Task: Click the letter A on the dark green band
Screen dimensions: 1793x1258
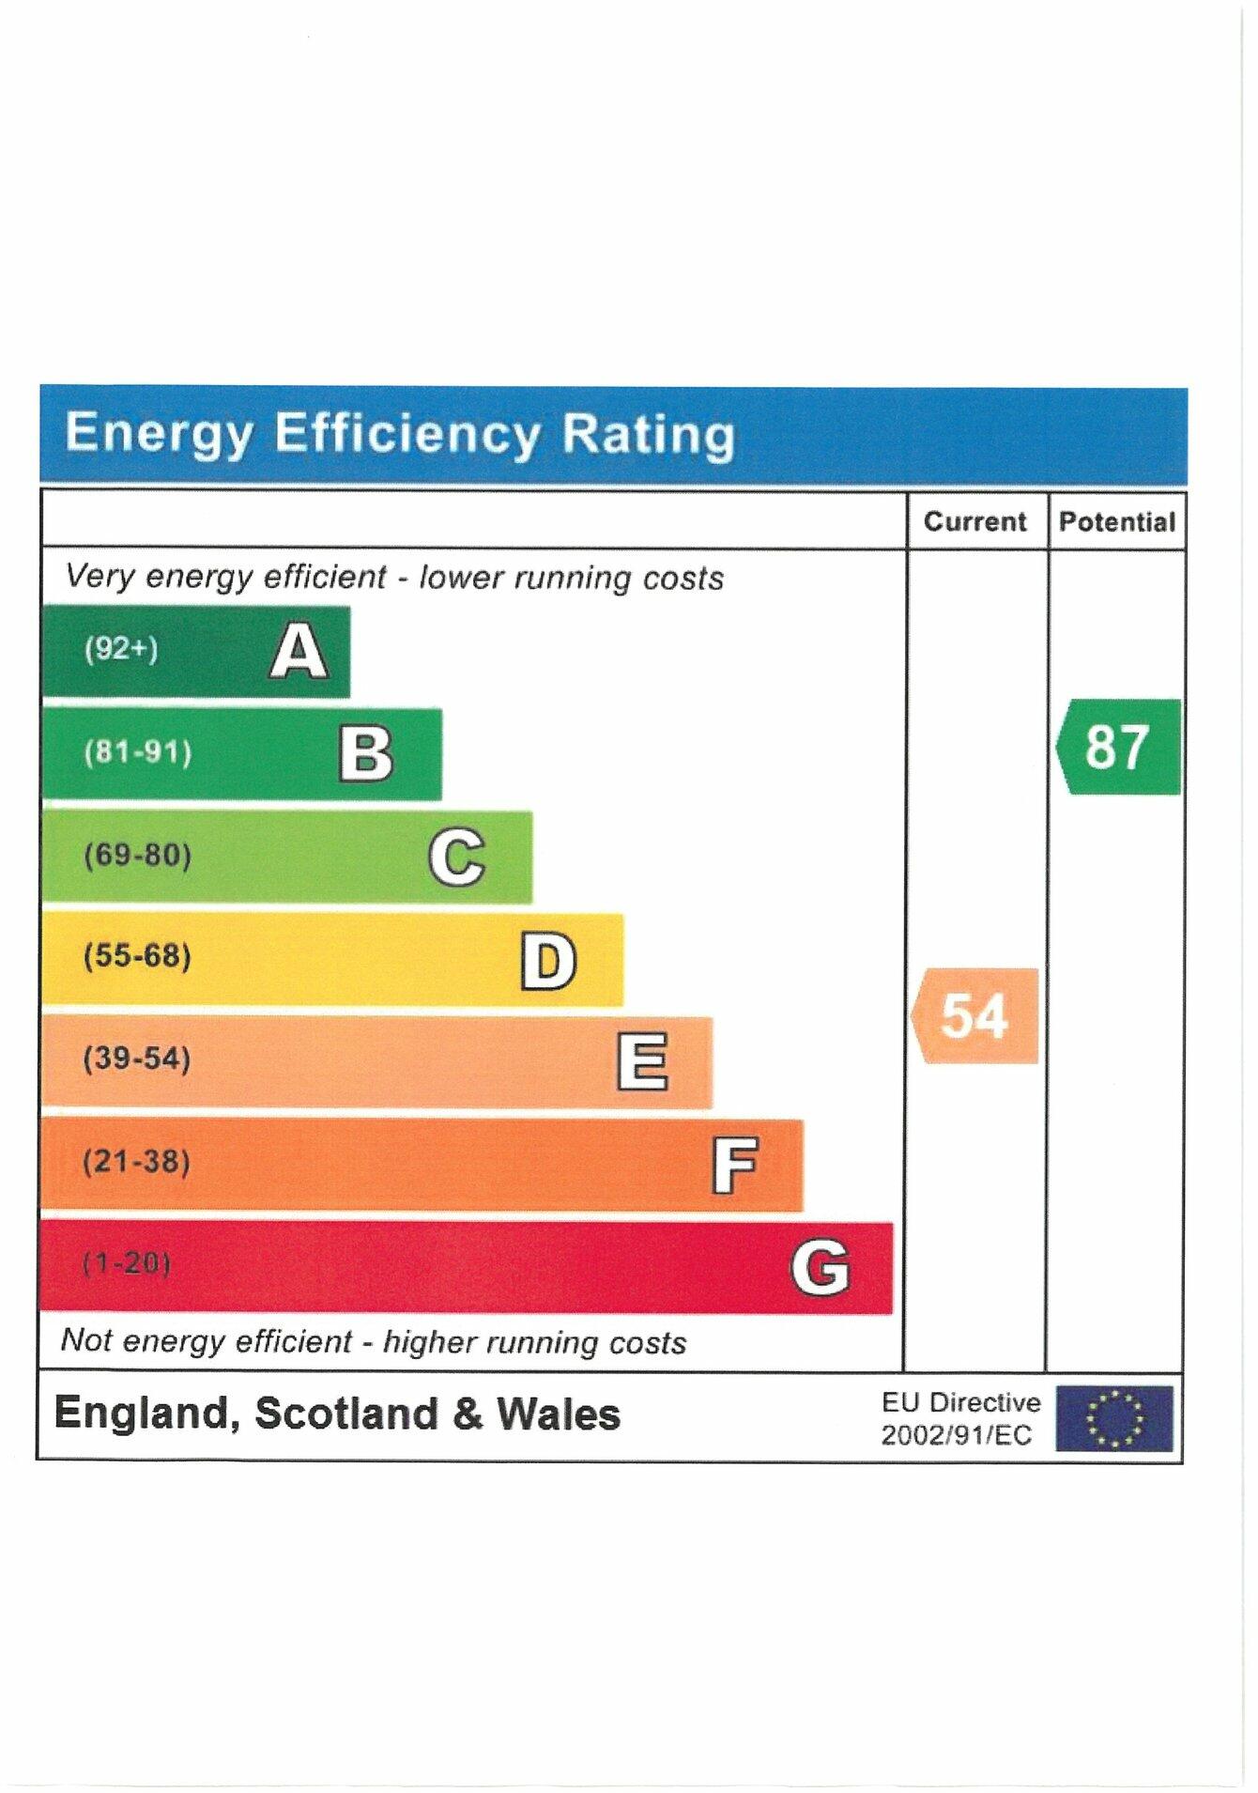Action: coord(299,651)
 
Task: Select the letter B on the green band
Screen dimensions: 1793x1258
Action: coord(365,754)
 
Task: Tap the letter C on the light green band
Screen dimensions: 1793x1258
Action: coord(456,857)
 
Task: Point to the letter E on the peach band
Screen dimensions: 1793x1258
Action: coord(642,1061)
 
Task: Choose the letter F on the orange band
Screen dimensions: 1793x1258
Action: coord(734,1165)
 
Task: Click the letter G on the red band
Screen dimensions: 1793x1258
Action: coord(820,1267)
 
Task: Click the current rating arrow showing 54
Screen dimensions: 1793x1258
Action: coord(975,1015)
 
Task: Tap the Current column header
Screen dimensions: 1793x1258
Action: coord(974,521)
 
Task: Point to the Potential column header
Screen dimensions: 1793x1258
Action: coord(1116,521)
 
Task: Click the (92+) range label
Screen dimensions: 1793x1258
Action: coord(121,648)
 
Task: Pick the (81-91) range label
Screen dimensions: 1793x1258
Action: coord(137,751)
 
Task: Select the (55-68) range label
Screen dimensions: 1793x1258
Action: coord(137,956)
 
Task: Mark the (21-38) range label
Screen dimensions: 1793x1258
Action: coord(136,1162)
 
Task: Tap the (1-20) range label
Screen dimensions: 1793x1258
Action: coord(126,1263)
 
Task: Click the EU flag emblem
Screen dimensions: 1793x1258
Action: coord(1113,1417)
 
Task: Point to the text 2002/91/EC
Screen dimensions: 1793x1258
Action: coord(955,1435)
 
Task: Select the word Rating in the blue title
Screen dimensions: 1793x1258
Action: coord(648,434)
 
